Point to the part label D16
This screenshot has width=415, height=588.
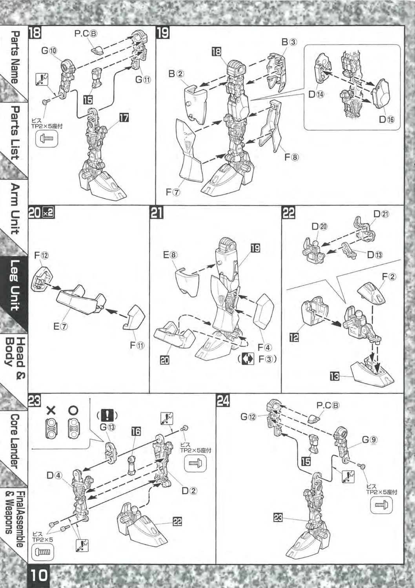click(386, 120)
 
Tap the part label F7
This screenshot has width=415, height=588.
click(173, 192)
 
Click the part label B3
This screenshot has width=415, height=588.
click(289, 42)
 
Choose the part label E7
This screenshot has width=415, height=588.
click(61, 327)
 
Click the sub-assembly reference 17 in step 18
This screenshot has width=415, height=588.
click(124, 119)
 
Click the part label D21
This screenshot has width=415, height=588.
click(381, 214)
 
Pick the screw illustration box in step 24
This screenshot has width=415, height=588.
click(381, 505)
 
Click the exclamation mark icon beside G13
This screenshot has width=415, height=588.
click(107, 415)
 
